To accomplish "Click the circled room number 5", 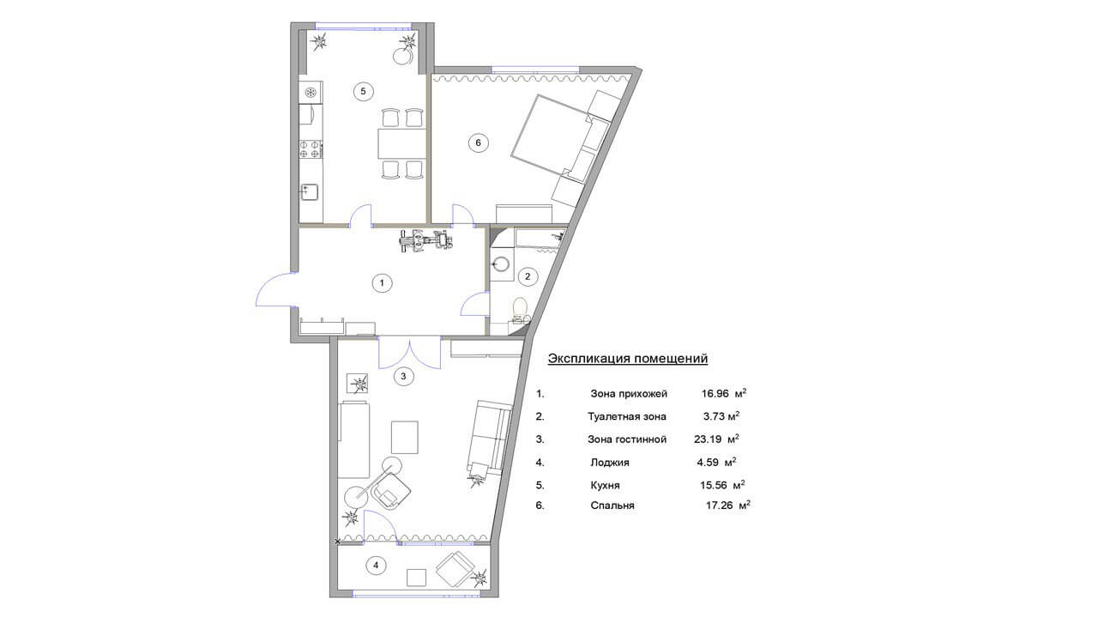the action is coord(363,91).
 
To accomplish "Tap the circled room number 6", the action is coord(479,142).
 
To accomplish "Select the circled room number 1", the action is coord(382,283).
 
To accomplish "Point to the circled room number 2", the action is coord(528,276).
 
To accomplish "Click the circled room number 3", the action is coord(403,377).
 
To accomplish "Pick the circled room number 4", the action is coord(376,566).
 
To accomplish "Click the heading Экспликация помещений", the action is coord(627,359).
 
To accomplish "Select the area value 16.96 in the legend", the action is coord(715,393).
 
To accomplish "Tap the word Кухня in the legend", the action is coord(605,486).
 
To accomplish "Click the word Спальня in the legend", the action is coord(612,506).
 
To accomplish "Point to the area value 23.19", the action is coord(708,439).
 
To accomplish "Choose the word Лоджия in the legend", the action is coord(610,463).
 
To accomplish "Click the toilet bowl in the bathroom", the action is coord(519,307).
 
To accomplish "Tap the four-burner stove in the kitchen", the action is coord(311,149).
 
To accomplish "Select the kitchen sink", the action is coord(310,192).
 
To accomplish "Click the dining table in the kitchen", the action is coord(402,143).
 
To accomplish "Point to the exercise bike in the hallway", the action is coord(425,241).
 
